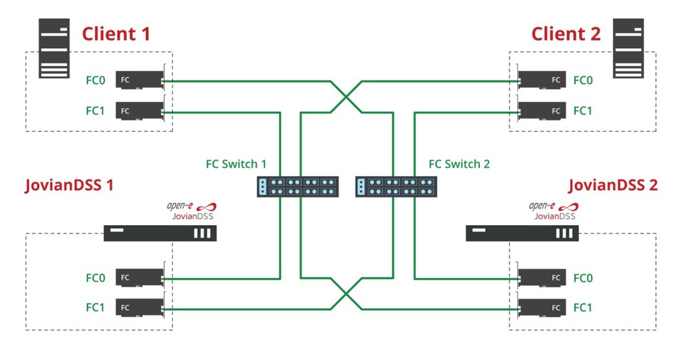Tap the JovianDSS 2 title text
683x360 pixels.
[612, 185]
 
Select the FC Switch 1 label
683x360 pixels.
[236, 165]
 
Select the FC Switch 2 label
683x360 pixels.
[459, 165]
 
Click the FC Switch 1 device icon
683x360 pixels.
[298, 187]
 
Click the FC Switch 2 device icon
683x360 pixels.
[395, 187]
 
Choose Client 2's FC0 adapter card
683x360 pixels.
[542, 81]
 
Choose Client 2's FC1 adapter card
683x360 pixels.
[542, 110]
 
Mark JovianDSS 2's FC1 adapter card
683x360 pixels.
[542, 307]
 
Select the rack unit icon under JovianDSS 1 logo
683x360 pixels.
[160, 233]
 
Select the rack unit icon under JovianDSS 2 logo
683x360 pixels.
[521, 233]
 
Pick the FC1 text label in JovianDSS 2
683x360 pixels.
[583, 307]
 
